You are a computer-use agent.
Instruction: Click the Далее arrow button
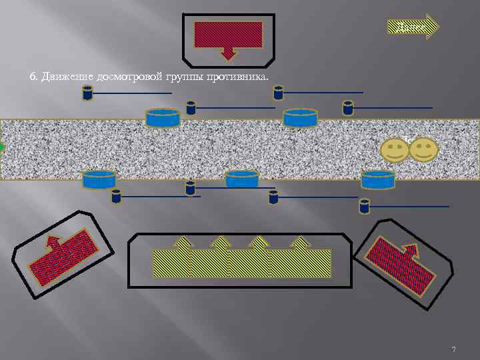point(413,27)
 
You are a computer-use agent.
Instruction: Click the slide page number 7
point(453,349)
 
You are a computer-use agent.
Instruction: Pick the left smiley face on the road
point(395,150)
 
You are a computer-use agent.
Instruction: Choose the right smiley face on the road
point(423,149)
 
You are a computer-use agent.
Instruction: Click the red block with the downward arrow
point(228,35)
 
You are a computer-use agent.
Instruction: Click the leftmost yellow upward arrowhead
point(182,242)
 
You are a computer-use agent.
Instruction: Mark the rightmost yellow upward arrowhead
point(301,242)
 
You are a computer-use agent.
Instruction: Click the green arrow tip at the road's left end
point(2,147)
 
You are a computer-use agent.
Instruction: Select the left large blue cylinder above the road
point(163,118)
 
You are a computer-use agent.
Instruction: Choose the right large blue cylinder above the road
point(300,118)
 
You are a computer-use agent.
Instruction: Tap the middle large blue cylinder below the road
point(242,179)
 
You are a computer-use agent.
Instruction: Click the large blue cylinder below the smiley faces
point(378,179)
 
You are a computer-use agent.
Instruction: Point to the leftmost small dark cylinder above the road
point(87,93)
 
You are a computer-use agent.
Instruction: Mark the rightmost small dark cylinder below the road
point(364,206)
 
